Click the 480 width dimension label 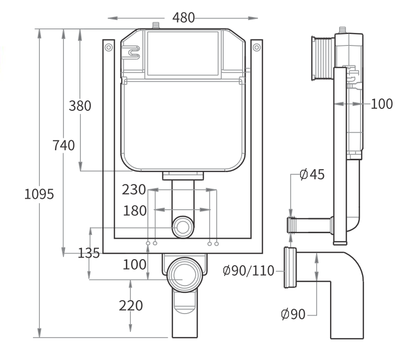[x=183, y=17]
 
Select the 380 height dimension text [x=80, y=106]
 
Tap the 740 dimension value [x=63, y=145]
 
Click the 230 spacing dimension [x=134, y=190]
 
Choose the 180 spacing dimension [x=135, y=211]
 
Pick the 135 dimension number [x=88, y=253]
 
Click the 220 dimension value [x=131, y=305]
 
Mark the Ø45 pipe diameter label [x=312, y=174]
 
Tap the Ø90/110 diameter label [x=248, y=271]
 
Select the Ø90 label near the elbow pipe [x=293, y=315]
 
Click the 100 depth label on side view [x=382, y=104]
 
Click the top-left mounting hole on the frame [x=108, y=47]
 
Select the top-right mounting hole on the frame [x=256, y=47]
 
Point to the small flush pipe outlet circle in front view [x=183, y=228]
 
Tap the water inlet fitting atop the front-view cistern [x=156, y=25]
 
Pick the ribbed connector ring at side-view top [x=322, y=58]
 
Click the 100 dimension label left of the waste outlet [x=135, y=265]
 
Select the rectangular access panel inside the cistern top [x=183, y=53]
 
